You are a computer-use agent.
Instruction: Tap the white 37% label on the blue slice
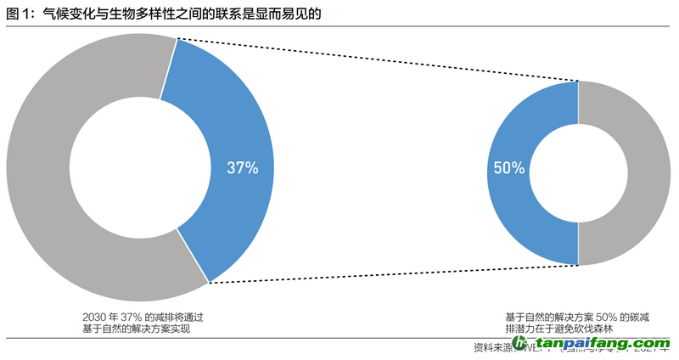[242, 167]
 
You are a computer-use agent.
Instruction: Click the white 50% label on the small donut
[508, 168]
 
